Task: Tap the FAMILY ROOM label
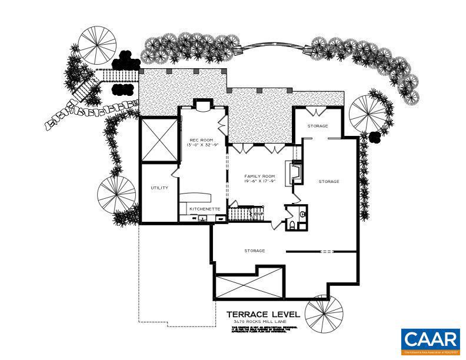point(259,176)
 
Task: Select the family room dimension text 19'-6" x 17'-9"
point(259,182)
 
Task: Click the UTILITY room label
point(159,188)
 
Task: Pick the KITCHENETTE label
point(204,209)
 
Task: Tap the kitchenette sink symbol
point(203,218)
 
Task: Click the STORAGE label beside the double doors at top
point(318,126)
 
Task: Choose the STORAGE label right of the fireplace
point(329,182)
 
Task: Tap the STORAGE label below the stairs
point(254,251)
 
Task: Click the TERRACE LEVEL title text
point(263,315)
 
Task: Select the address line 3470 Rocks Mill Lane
point(263,322)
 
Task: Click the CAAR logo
point(430,341)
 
